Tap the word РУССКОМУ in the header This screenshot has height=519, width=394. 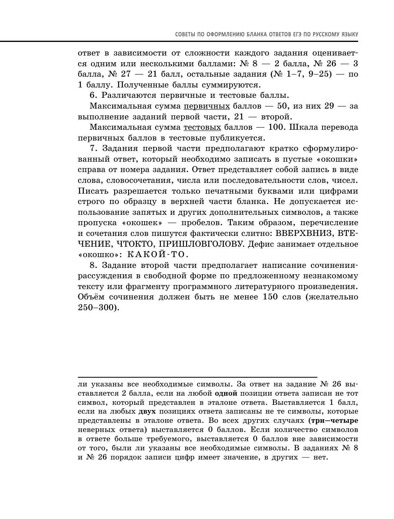click(x=326, y=34)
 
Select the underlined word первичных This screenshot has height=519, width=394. click(x=207, y=106)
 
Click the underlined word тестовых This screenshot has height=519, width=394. click(x=202, y=127)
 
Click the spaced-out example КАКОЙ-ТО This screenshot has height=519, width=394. click(x=154, y=255)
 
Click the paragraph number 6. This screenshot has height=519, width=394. click(x=93, y=95)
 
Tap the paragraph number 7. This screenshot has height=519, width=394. click(x=93, y=149)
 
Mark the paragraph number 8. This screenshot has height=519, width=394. click(x=93, y=265)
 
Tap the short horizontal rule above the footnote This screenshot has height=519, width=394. click(x=197, y=376)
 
